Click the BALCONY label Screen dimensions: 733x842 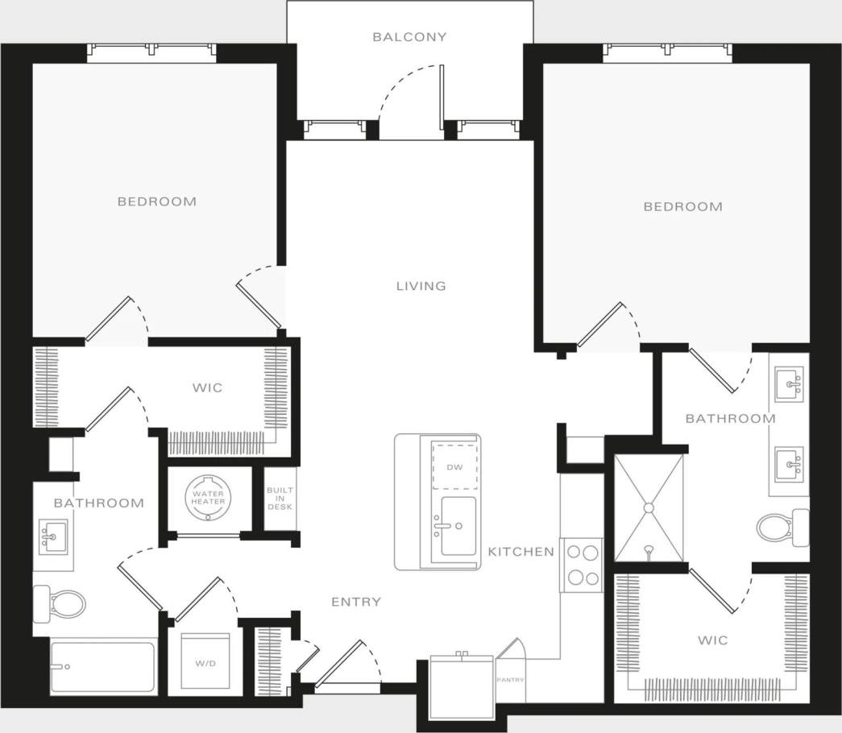409,37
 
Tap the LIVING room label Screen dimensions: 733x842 421,286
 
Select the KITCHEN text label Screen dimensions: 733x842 521,552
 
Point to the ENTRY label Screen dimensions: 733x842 356,602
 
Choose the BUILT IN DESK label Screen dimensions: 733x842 280,499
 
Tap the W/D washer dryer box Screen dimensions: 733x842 205,662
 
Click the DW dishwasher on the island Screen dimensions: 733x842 454,466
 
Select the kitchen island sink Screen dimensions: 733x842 457,526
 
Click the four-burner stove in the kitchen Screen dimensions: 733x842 582,565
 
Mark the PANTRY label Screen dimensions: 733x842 511,680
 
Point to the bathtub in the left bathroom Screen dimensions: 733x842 102,666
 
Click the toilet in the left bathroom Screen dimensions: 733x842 61,602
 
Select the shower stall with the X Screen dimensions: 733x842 648,507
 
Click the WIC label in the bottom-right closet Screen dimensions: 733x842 713,640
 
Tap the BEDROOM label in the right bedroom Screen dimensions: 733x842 682,207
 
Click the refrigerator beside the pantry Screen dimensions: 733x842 461,686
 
